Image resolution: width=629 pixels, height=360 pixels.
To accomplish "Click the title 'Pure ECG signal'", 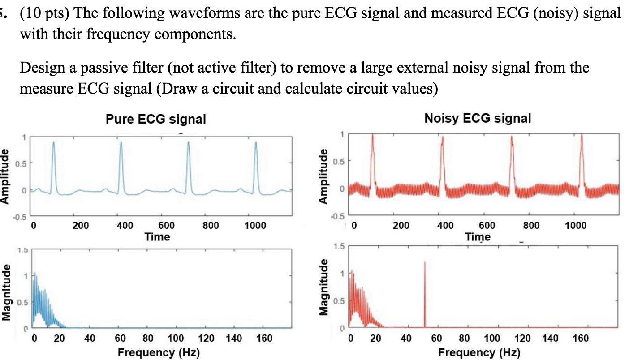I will [x=155, y=119].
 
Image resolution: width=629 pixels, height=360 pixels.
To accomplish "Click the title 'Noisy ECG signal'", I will [x=477, y=118].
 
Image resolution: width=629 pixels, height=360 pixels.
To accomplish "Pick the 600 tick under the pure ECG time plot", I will [x=167, y=226].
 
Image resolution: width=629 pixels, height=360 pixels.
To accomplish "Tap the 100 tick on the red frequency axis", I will [x=491, y=339].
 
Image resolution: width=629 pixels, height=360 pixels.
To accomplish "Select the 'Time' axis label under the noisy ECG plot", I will [x=478, y=237].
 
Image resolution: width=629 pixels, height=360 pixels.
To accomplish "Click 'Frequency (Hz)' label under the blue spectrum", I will [x=159, y=352].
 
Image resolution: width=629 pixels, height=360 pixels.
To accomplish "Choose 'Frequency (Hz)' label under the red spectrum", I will [x=479, y=352].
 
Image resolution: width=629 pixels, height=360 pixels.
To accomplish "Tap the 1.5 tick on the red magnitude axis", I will [x=341, y=246].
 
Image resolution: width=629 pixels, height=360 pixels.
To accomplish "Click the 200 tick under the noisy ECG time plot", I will [x=401, y=226].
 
